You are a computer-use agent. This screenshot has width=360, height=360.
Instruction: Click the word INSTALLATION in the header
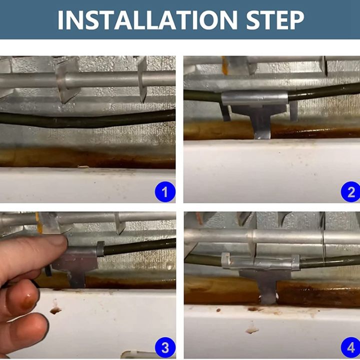point(147,20)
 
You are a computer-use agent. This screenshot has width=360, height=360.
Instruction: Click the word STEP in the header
point(275,20)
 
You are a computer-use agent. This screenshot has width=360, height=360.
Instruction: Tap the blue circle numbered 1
point(165,191)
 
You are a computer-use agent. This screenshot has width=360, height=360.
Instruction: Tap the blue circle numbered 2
point(350,191)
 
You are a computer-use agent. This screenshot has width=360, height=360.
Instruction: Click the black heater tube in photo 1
point(87,119)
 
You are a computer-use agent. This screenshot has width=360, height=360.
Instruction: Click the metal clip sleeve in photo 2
point(254,98)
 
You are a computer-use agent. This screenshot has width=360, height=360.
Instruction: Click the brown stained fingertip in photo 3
point(25,301)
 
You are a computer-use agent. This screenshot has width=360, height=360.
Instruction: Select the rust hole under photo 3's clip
point(55,311)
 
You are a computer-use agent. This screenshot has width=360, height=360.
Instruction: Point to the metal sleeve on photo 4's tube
point(260,262)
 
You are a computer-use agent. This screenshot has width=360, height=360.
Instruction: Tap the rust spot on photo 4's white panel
point(252,330)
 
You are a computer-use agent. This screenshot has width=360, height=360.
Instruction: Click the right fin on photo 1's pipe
point(142,79)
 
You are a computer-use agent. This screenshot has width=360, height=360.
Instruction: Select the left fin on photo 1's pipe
point(66,79)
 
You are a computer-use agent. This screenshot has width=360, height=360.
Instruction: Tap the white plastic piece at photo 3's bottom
point(138,354)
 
